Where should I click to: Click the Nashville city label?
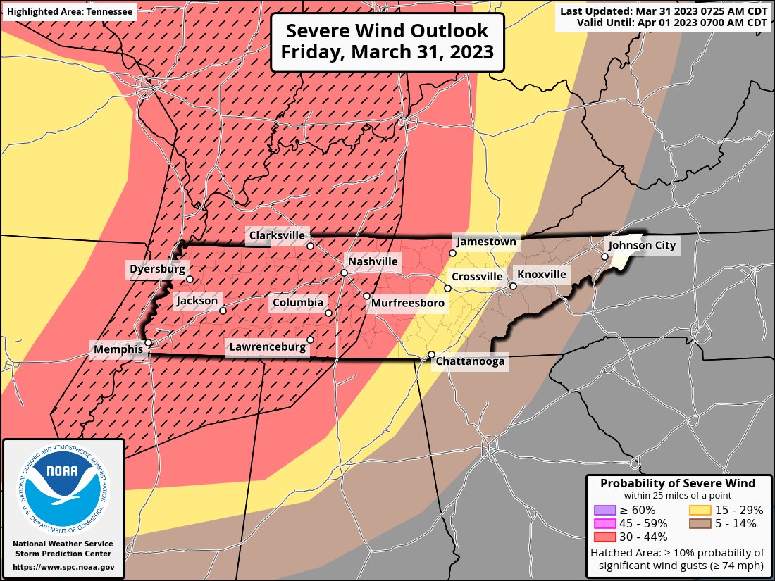(373, 262)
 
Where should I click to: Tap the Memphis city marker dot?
(149, 343)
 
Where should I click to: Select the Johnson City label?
(641, 246)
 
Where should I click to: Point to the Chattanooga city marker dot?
(431, 354)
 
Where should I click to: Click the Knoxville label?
(541, 275)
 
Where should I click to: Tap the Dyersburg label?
(157, 269)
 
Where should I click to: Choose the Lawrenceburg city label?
(267, 346)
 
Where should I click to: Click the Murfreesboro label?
(408, 303)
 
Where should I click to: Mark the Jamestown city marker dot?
(452, 253)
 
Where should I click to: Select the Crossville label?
(477, 277)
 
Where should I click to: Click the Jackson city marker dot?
(223, 311)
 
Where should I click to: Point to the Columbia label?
(297, 303)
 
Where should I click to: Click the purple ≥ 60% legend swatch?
(604, 510)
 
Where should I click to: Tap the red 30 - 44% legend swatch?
(604, 537)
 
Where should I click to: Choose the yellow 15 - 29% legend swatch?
(699, 510)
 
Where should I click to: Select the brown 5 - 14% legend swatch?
(699, 523)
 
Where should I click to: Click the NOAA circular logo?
(63, 485)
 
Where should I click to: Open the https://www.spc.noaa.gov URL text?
(63, 566)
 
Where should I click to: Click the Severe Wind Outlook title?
(387, 42)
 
